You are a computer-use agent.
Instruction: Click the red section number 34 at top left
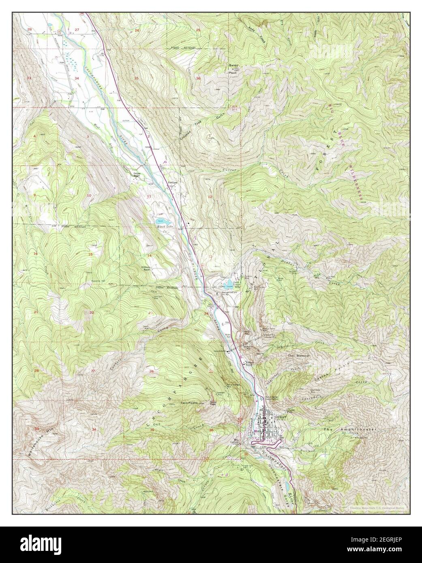tap(77, 77)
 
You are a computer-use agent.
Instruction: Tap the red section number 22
tap(92, 312)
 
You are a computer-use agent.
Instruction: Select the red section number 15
tap(90, 254)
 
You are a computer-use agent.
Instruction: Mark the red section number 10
tap(88, 196)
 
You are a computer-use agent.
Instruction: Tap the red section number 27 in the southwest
tap(93, 371)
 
